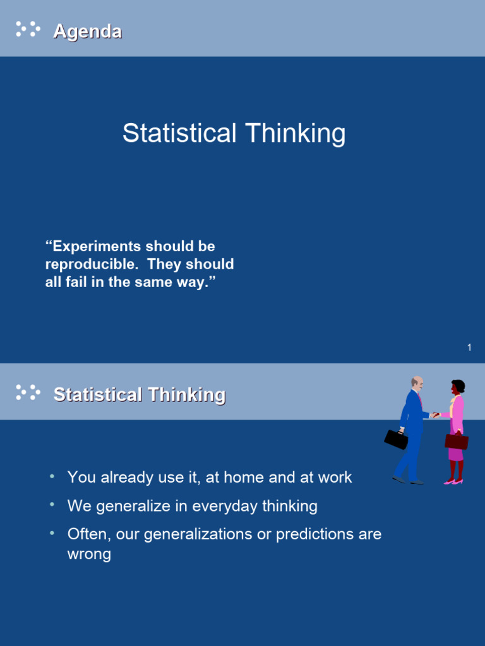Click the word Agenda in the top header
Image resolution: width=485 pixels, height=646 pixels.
click(88, 32)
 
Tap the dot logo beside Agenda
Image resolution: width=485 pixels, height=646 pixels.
click(28, 29)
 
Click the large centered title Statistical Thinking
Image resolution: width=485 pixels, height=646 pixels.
click(234, 133)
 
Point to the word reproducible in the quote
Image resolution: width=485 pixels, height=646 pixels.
click(91, 264)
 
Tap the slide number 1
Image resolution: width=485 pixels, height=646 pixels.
click(469, 348)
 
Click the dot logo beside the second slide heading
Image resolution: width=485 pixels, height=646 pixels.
click(28, 392)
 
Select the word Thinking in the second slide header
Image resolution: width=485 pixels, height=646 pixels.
click(187, 395)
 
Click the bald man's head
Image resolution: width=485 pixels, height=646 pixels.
click(417, 383)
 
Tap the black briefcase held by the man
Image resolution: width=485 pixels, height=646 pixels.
click(396, 439)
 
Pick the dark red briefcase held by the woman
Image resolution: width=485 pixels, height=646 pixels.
click(457, 441)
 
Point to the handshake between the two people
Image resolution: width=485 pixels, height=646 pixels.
click(435, 415)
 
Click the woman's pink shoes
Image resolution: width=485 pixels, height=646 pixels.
click(453, 481)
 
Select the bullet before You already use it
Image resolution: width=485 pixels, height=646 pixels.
click(52, 476)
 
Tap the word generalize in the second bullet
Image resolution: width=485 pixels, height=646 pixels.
click(133, 506)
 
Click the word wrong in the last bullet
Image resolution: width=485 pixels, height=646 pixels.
click(89, 554)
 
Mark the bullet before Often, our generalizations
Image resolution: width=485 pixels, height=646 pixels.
click(52, 533)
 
